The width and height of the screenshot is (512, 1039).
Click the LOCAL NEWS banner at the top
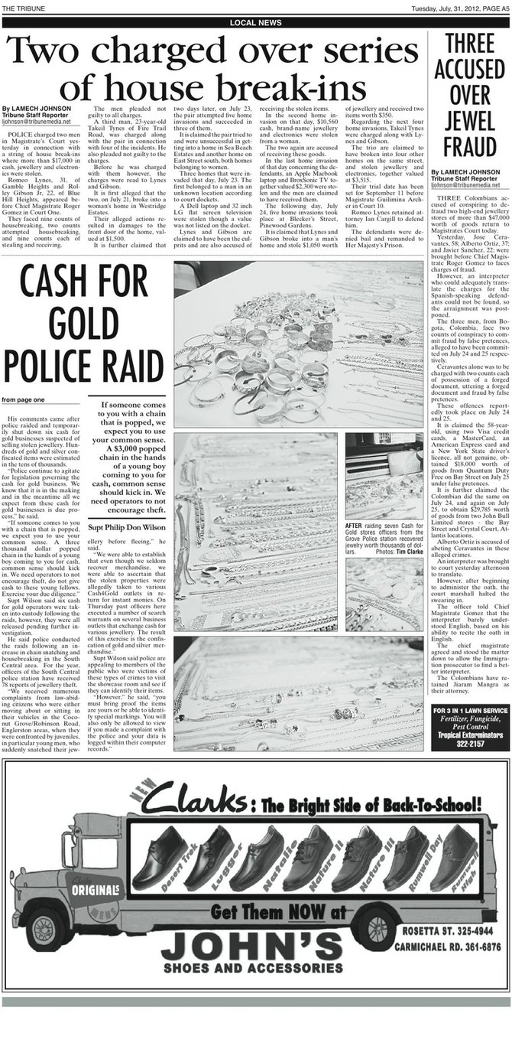tap(255, 23)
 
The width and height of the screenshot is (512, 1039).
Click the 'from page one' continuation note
tap(23, 399)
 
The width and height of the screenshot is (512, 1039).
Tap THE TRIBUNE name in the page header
tap(24, 7)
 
